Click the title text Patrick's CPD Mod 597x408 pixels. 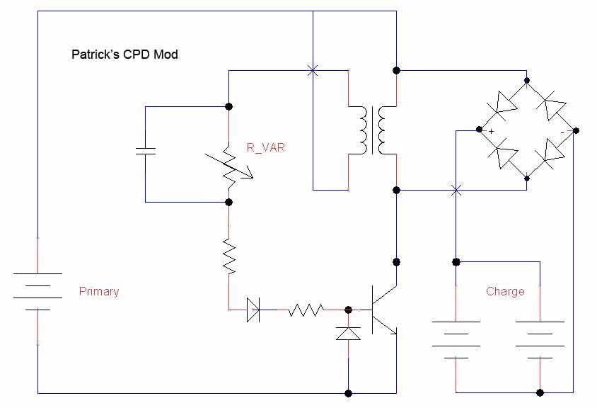(x=124, y=54)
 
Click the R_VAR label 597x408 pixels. (x=266, y=147)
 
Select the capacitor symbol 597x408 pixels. (x=146, y=151)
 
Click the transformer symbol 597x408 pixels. (x=372, y=130)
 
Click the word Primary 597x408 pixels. (x=99, y=291)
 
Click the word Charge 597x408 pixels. (x=505, y=291)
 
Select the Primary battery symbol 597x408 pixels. (x=37, y=291)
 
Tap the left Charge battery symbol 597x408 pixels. (x=456, y=340)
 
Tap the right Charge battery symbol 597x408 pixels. (x=540, y=340)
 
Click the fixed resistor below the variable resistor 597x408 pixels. (x=229, y=256)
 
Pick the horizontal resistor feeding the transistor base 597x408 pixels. (x=306, y=310)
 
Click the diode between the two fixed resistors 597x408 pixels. (x=253, y=310)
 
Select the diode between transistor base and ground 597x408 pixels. (x=348, y=333)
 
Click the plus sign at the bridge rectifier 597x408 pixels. (x=491, y=132)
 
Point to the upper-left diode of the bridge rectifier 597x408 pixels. (x=504, y=106)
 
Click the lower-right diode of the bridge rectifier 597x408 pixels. (x=550, y=153)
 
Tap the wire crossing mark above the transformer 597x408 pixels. (x=313, y=70)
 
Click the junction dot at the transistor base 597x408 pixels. (x=348, y=310)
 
